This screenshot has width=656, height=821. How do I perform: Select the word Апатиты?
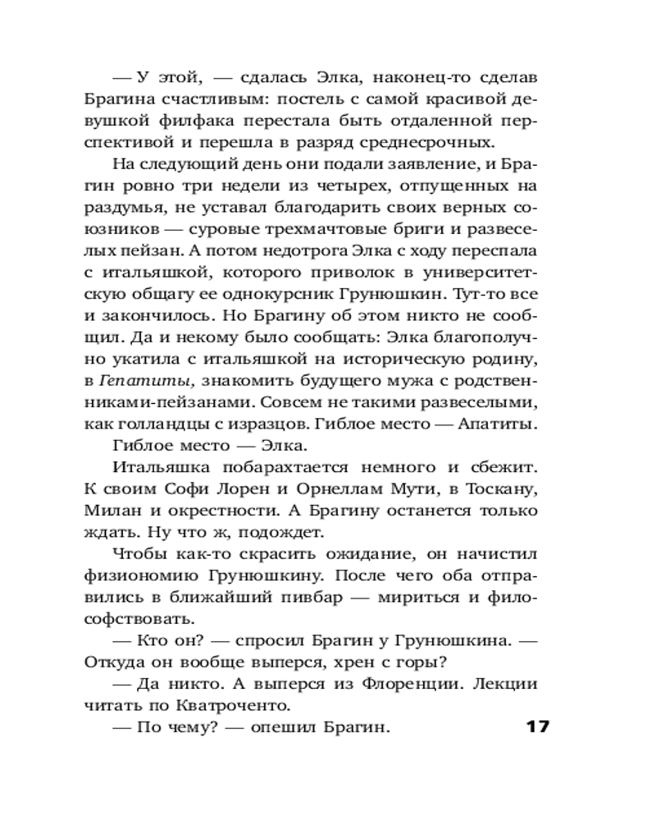click(x=500, y=424)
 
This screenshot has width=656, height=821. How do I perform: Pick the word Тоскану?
click(x=504, y=488)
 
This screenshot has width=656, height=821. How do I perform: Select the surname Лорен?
click(x=252, y=488)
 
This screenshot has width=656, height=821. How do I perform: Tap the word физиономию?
click(x=144, y=575)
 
